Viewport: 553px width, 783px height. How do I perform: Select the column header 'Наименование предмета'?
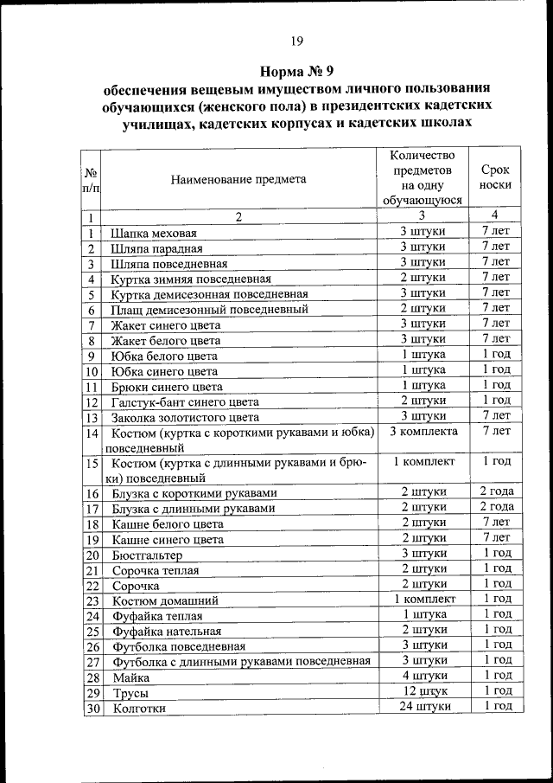click(x=238, y=180)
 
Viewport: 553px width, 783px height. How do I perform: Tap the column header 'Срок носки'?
click(x=495, y=177)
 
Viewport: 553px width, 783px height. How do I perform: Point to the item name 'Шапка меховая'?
click(x=155, y=234)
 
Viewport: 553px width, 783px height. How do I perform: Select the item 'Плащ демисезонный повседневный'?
click(x=209, y=310)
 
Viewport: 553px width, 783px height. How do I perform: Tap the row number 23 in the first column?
click(x=92, y=600)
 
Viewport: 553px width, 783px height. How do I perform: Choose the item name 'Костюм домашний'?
click(x=165, y=600)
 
